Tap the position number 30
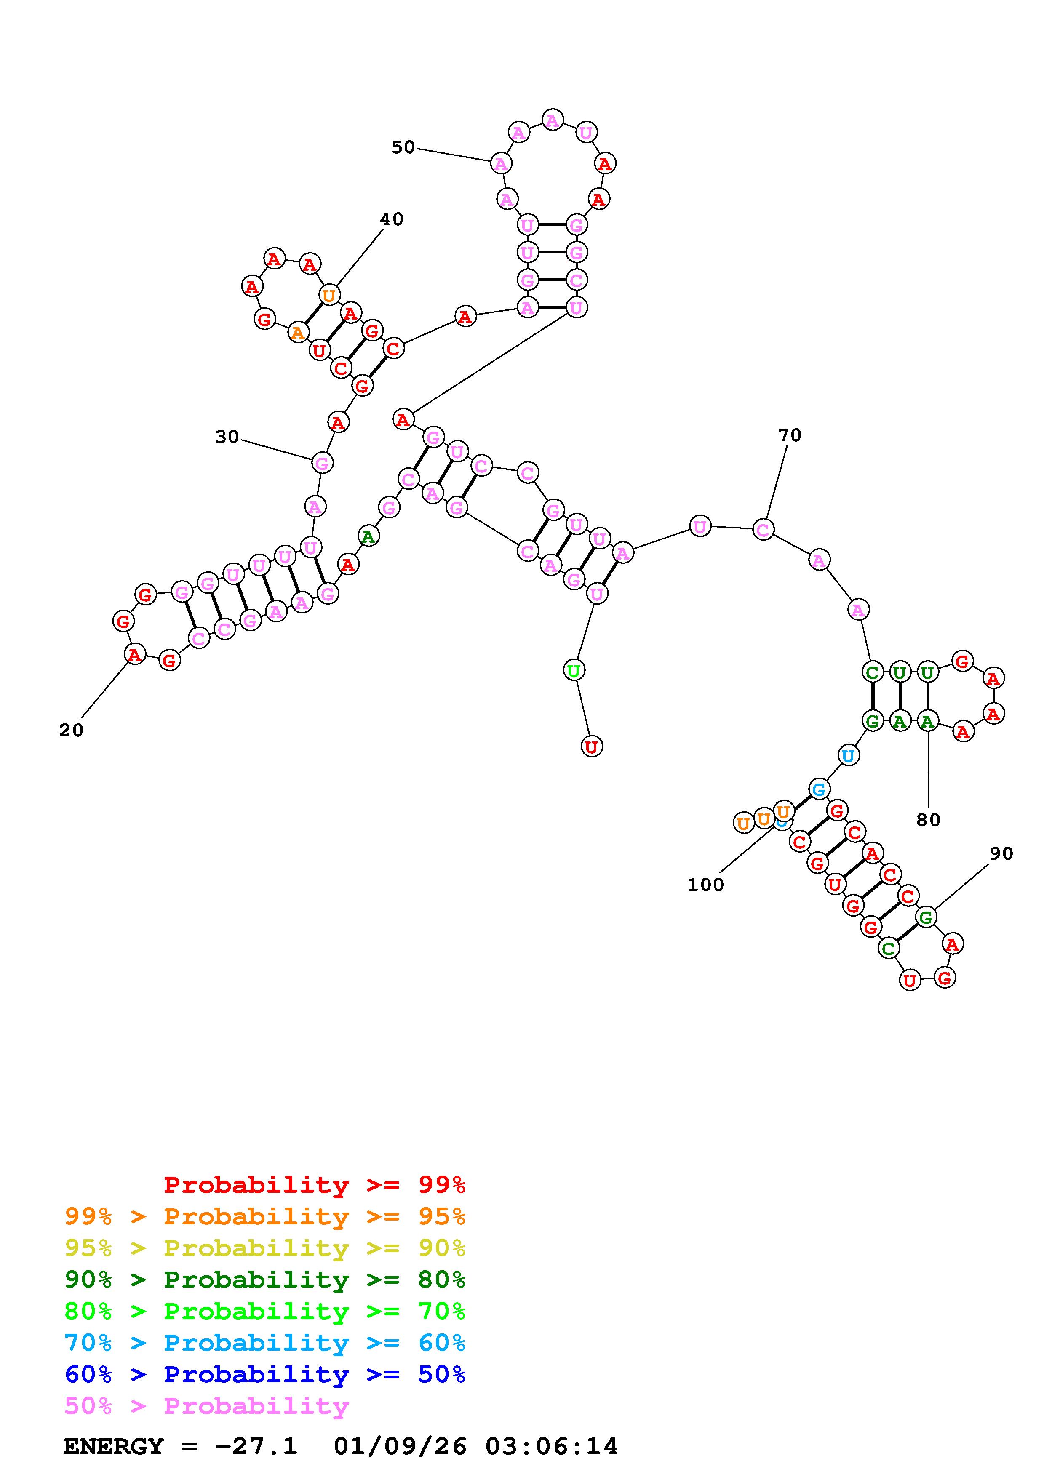227,437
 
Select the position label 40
391,219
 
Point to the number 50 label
403,147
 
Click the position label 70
790,435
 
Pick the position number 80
928,820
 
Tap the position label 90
1001,853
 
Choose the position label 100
706,885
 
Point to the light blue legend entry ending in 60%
265,1343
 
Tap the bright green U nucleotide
573,670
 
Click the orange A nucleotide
297,333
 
